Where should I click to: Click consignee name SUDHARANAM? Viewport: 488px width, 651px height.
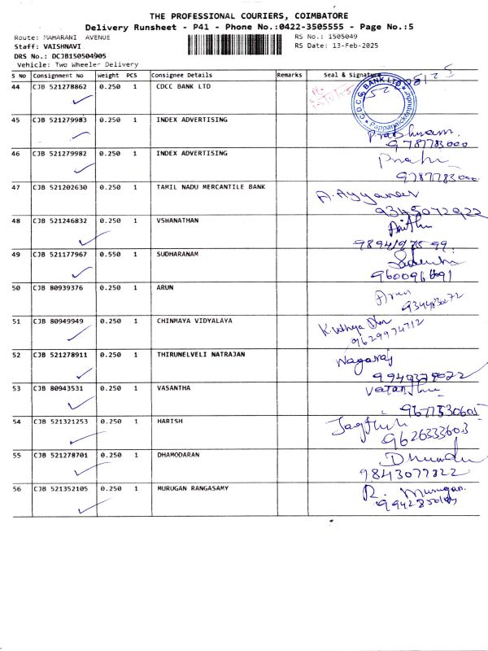[x=176, y=254]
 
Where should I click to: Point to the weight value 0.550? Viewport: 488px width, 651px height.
[x=109, y=254]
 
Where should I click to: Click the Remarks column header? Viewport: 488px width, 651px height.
[x=290, y=75]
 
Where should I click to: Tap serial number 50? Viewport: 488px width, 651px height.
[x=16, y=287]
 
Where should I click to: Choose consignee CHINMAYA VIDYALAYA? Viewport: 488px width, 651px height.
[x=194, y=321]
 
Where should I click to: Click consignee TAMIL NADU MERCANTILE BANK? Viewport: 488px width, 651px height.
[x=211, y=187]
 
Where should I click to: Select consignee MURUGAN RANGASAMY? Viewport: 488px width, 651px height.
[x=192, y=488]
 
